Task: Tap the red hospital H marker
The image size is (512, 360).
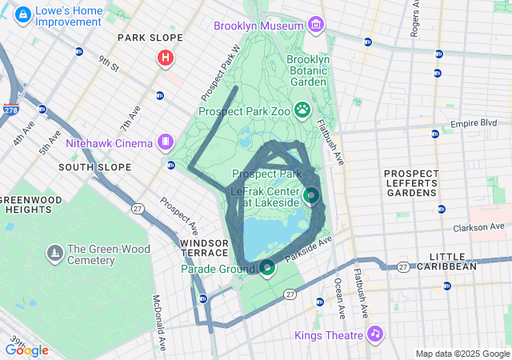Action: coord(166,58)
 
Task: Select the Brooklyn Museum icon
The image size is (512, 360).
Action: coord(316,26)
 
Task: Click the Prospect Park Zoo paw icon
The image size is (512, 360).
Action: coord(303,109)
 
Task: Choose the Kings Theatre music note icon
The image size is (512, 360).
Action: coord(375,334)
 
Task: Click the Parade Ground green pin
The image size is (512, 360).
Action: coord(267,267)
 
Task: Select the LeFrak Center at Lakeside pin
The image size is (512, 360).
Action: coord(311,194)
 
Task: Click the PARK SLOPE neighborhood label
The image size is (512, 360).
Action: coord(150,38)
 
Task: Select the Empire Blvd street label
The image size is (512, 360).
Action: coord(474,123)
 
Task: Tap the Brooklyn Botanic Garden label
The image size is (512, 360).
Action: coord(308,70)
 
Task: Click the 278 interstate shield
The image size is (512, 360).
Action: coord(11,109)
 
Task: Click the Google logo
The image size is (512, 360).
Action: coord(26,350)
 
